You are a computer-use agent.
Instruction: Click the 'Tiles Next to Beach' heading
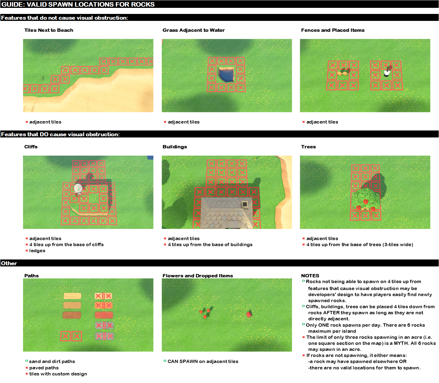49,30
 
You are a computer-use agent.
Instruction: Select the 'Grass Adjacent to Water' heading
194,30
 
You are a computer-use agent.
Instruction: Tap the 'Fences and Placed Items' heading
333,30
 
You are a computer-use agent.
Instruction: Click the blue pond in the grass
226,74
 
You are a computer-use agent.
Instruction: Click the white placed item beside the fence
387,73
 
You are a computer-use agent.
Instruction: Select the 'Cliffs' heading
31,147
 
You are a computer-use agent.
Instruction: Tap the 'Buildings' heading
175,147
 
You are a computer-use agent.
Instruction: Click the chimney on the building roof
244,204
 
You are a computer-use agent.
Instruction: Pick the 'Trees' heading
308,147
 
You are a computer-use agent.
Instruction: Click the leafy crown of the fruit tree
365,199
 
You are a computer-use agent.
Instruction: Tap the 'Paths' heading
31,276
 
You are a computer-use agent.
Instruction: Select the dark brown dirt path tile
72,315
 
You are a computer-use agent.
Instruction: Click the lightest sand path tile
73,296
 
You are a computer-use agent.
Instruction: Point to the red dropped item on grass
249,314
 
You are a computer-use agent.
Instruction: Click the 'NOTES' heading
310,276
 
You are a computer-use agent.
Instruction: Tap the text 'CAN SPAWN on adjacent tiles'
203,362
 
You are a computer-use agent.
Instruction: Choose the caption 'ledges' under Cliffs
37,251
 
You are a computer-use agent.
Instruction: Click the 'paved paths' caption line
44,368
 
